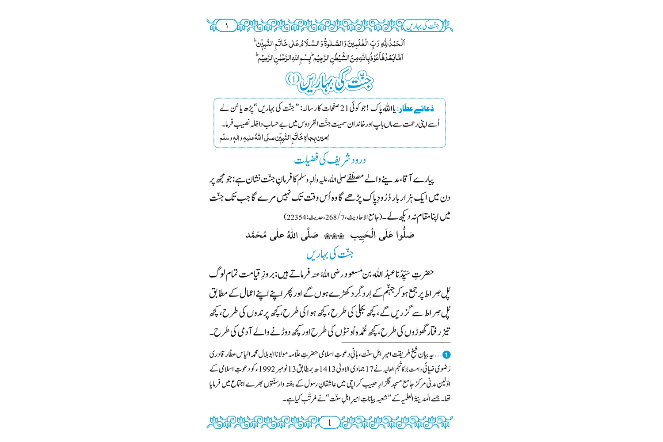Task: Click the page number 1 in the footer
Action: (329, 423)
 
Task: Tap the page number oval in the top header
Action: (227, 26)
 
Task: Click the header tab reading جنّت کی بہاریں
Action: (424, 26)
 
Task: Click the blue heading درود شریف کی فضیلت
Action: (330, 160)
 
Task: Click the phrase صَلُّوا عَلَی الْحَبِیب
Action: (382, 235)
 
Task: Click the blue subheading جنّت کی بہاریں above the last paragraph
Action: (330, 255)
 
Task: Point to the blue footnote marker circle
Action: (446, 355)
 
